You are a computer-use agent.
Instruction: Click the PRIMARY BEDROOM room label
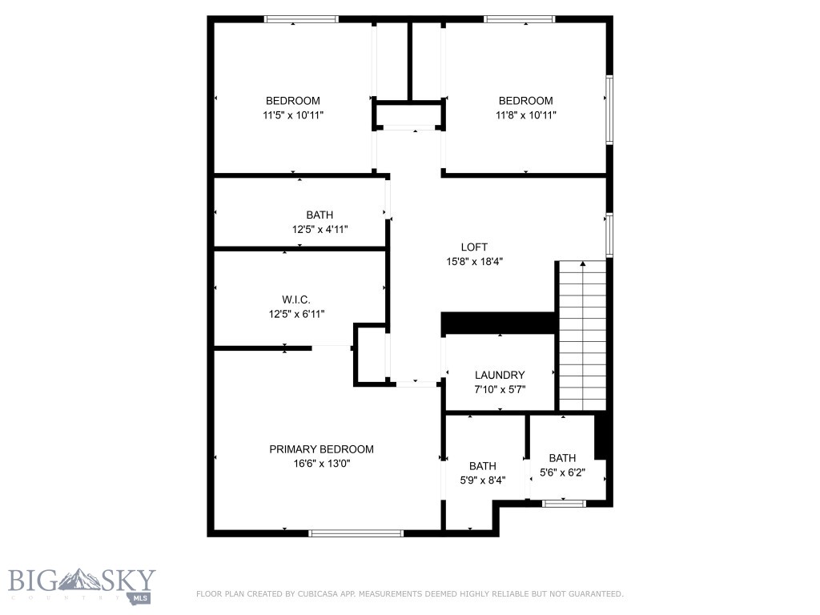click(321, 449)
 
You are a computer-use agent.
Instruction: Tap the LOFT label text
click(474, 247)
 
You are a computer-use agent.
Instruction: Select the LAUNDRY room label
click(500, 375)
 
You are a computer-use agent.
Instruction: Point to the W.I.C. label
click(296, 299)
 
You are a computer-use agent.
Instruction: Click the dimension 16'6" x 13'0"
click(321, 463)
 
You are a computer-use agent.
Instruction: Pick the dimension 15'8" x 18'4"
click(474, 261)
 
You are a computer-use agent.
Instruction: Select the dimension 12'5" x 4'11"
click(320, 229)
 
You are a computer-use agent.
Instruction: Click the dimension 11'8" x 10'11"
click(525, 115)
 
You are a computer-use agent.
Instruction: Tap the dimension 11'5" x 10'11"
click(293, 115)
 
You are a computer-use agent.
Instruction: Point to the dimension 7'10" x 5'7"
click(500, 388)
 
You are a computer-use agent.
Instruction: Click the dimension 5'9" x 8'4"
click(482, 480)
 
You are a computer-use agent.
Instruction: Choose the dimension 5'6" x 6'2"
click(562, 472)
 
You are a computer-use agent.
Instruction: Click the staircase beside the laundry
click(582, 336)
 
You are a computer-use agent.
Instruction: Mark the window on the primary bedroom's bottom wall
click(356, 533)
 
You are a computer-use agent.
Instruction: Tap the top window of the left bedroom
click(302, 19)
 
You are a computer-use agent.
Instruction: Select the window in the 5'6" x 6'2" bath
click(564, 503)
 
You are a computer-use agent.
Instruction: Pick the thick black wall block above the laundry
click(498, 323)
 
